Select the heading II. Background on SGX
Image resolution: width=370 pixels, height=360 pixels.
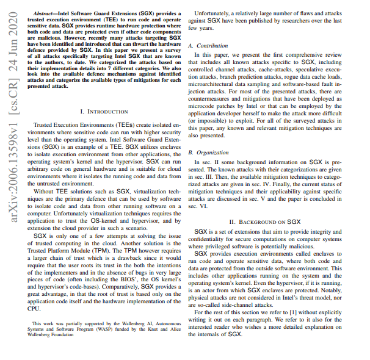pyautogui.click(x=264, y=221)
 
